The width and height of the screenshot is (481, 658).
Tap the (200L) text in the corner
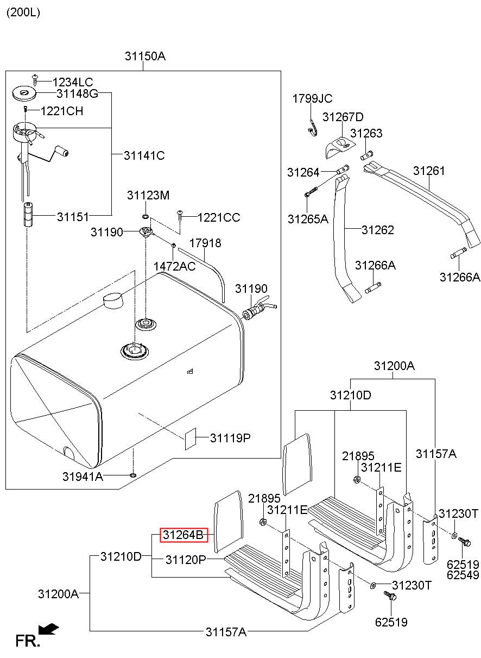[x=23, y=12]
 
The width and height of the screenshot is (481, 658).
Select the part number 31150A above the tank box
[x=145, y=56]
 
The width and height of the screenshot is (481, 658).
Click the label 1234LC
[x=73, y=82]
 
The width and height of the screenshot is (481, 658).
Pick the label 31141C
[x=144, y=155]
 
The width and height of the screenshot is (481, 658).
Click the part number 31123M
[x=148, y=195]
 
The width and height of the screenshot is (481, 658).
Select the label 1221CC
[x=219, y=217]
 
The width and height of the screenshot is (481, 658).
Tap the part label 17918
[x=205, y=243]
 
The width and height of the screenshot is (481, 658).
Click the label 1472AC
[x=174, y=266]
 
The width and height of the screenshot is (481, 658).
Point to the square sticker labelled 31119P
[x=190, y=438]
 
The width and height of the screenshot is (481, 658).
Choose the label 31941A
[x=83, y=477]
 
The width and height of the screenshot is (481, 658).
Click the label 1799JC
[x=312, y=99]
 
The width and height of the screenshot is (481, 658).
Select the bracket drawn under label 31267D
[x=339, y=147]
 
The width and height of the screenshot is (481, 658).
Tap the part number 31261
[x=429, y=171]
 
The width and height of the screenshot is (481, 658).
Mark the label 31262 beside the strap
[x=378, y=230]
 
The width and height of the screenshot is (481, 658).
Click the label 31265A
[x=308, y=219]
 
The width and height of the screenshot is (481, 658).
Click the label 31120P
[x=186, y=560]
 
